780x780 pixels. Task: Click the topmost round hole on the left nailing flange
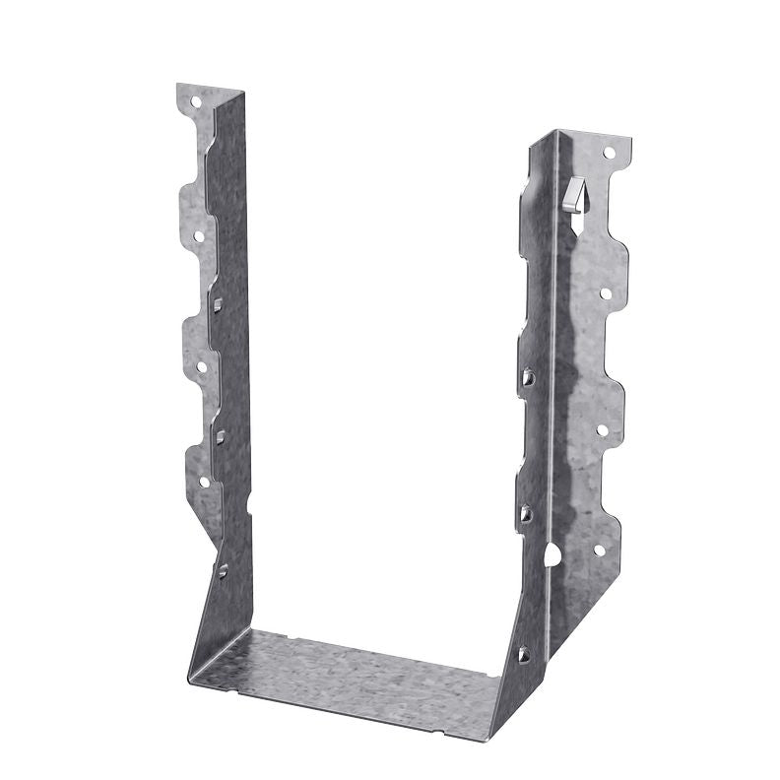pyautogui.click(x=195, y=100)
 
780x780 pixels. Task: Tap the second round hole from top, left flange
pyautogui.click(x=198, y=235)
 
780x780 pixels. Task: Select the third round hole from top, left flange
pyautogui.click(x=201, y=366)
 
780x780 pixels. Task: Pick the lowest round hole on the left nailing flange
pyautogui.click(x=205, y=482)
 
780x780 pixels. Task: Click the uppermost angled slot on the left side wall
pyautogui.click(x=219, y=304)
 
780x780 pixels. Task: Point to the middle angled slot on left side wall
pyautogui.click(x=221, y=435)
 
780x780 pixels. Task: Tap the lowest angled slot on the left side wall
pyautogui.click(x=223, y=568)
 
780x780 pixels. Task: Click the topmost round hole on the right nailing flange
pyautogui.click(x=609, y=154)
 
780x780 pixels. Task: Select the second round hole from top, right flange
pyautogui.click(x=604, y=292)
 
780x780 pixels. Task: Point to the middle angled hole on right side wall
pyautogui.click(x=527, y=512)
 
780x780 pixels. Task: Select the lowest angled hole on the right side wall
pyautogui.click(x=523, y=652)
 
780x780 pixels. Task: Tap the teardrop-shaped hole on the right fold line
pyautogui.click(x=552, y=555)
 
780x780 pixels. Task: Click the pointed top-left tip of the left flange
pyautogui.click(x=178, y=87)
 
